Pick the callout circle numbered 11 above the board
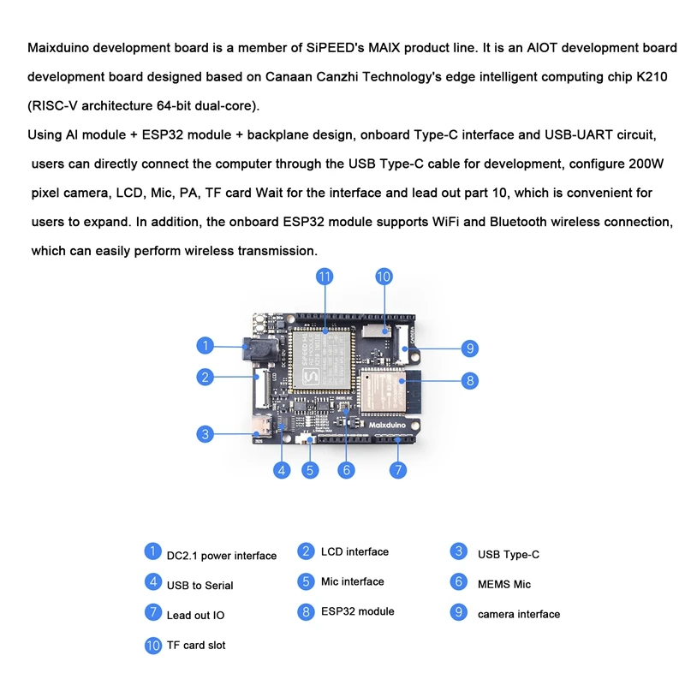(x=325, y=277)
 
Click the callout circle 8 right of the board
(x=469, y=381)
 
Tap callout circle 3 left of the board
(x=205, y=434)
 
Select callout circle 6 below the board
(x=347, y=469)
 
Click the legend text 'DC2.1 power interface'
(x=222, y=556)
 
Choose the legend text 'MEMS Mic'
(x=503, y=584)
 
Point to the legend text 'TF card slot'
(x=196, y=645)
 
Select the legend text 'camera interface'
(x=518, y=614)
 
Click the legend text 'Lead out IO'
(x=195, y=615)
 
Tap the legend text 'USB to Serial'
(x=200, y=585)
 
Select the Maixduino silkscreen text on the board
(x=390, y=423)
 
